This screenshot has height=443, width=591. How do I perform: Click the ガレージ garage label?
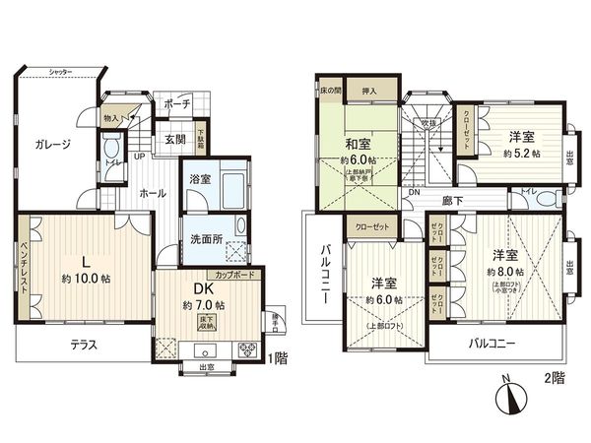pyautogui.click(x=52, y=145)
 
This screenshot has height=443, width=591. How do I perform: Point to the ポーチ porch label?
pyautogui.click(x=177, y=102)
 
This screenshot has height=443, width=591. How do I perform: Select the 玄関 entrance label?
pyautogui.click(x=175, y=139)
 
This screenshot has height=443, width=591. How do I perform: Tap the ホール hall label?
pyautogui.click(x=152, y=194)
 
